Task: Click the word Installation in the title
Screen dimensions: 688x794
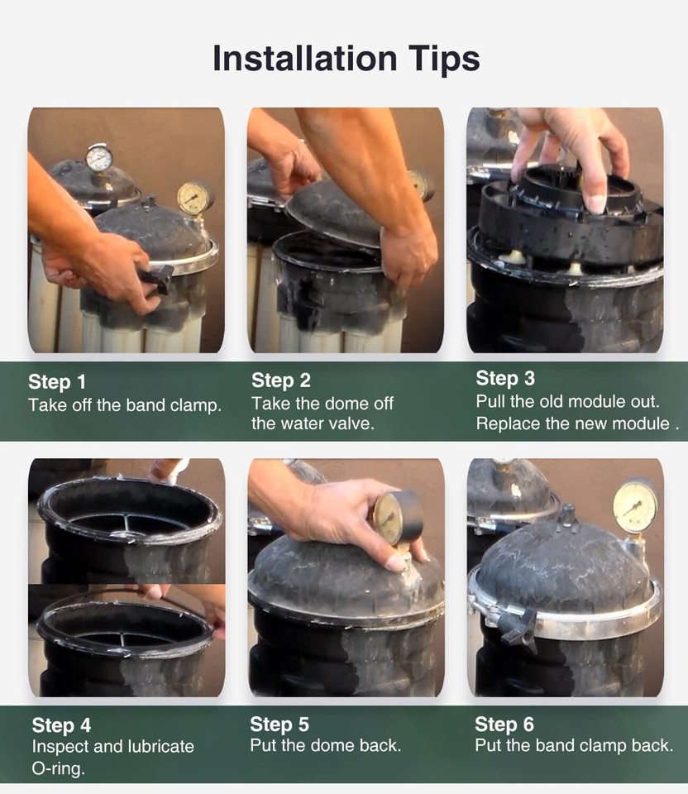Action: tap(305, 58)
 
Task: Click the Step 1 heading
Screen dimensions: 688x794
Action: tap(57, 382)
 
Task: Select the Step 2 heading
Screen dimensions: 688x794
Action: tap(281, 380)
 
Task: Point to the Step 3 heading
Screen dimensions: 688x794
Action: tap(505, 378)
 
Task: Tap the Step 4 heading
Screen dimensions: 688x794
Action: tap(61, 725)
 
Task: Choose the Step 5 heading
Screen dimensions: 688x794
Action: tap(279, 725)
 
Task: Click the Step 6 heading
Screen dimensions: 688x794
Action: tap(504, 725)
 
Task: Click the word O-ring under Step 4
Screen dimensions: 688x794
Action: tap(58, 768)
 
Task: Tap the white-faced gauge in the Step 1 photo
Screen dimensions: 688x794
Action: tap(99, 158)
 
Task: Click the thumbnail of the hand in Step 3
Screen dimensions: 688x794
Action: tap(596, 203)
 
